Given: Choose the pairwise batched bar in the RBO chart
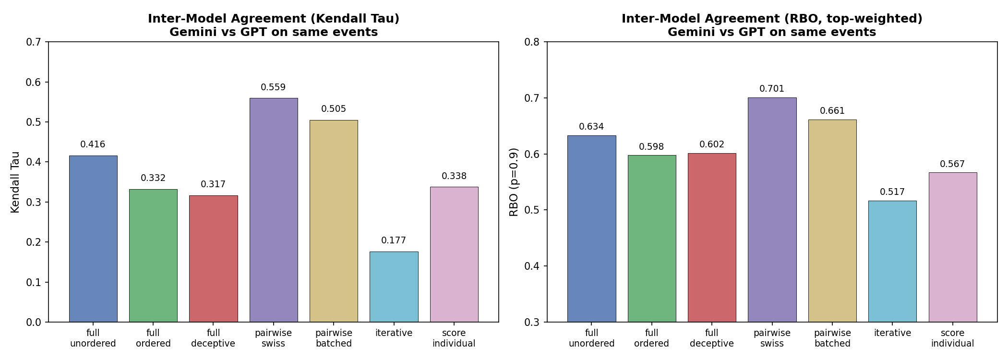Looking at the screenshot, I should [x=832, y=221].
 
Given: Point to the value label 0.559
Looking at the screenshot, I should [x=273, y=87].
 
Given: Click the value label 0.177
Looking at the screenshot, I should [x=394, y=240].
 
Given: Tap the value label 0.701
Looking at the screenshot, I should [x=772, y=89].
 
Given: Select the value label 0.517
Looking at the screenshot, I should [x=892, y=192].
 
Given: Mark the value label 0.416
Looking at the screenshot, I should [x=93, y=144].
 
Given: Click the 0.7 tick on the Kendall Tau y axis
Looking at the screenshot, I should [x=34, y=42].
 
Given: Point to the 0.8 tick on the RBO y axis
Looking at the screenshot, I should [x=532, y=42].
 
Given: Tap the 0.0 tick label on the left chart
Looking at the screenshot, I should [x=34, y=322].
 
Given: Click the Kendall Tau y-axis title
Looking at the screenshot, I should [x=15, y=182].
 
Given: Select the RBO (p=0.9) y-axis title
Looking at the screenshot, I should [x=514, y=182].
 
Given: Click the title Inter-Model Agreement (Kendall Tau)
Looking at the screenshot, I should [x=274, y=19].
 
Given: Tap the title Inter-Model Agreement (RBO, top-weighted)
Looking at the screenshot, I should [x=772, y=19].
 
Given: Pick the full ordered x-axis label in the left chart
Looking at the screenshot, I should [x=153, y=338].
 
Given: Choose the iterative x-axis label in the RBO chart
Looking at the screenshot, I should [x=892, y=333].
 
